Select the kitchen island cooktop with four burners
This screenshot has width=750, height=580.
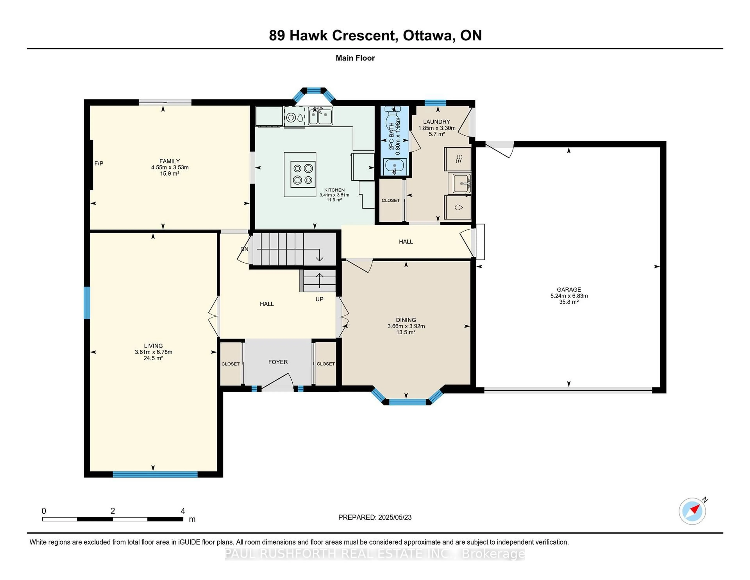tap(303, 174)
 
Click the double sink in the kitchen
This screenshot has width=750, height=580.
tap(320, 116)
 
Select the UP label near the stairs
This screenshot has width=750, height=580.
tap(319, 299)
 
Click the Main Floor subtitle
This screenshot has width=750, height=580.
tap(355, 58)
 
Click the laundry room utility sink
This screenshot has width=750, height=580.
tap(461, 183)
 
